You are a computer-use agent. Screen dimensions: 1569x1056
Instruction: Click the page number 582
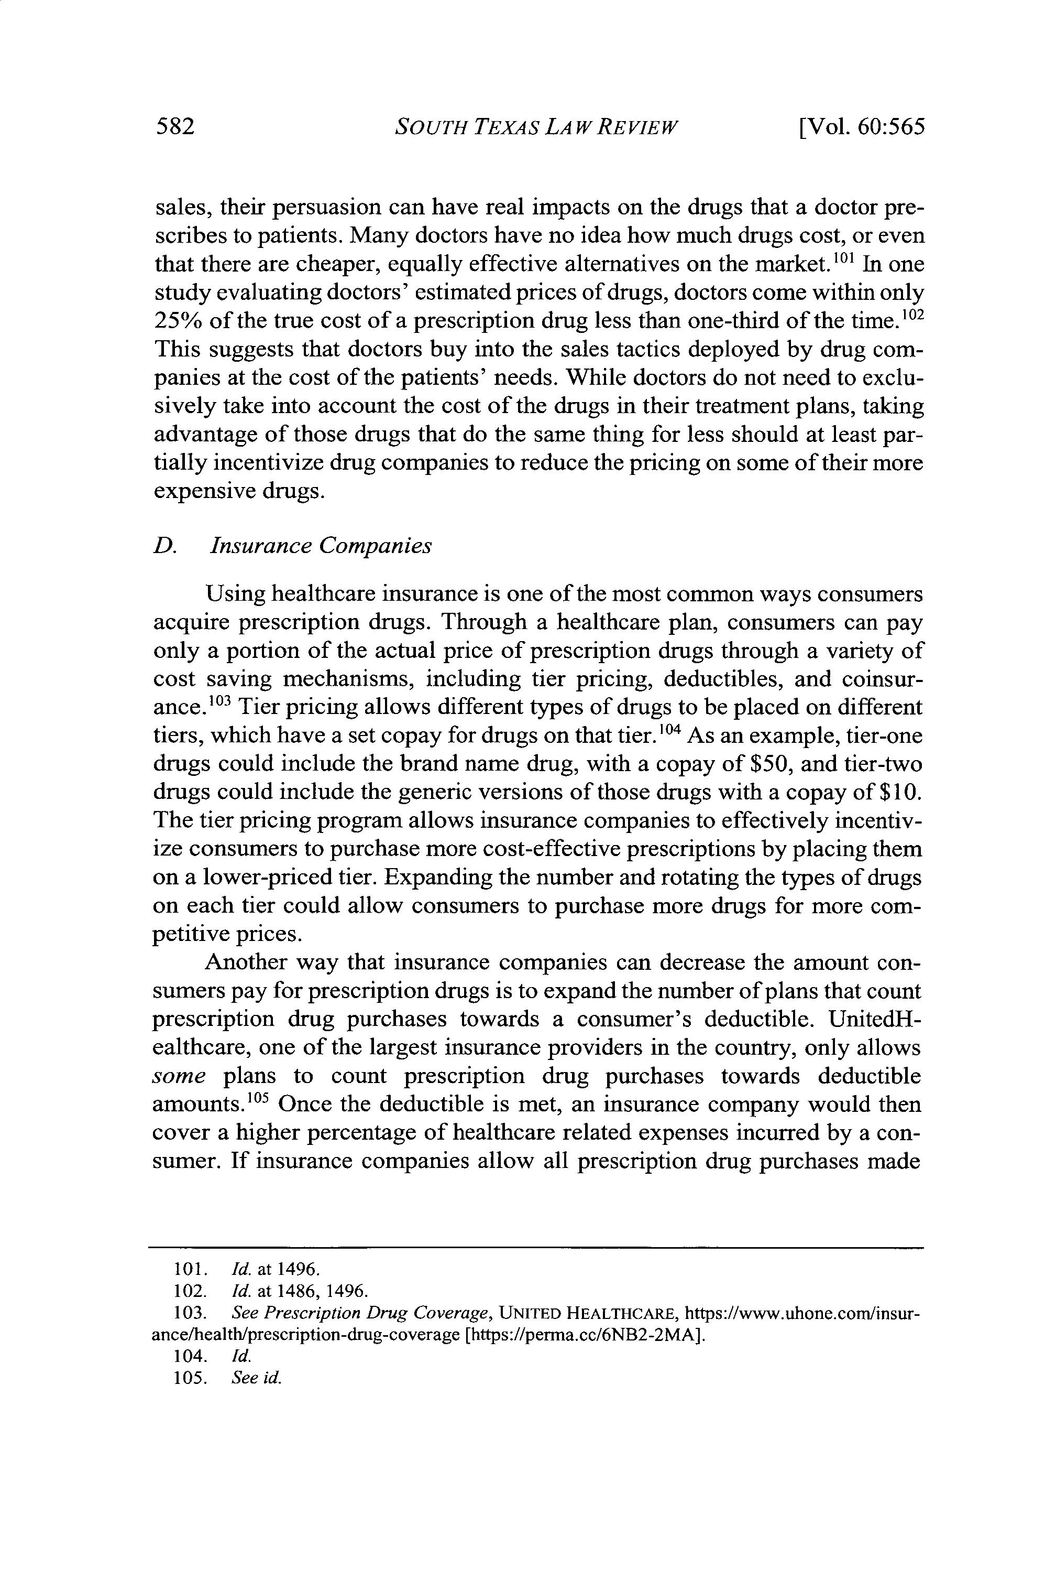[175, 127]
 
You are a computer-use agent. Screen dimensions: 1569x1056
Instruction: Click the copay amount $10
[900, 792]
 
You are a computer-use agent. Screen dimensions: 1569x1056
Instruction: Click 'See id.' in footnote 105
[255, 1378]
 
